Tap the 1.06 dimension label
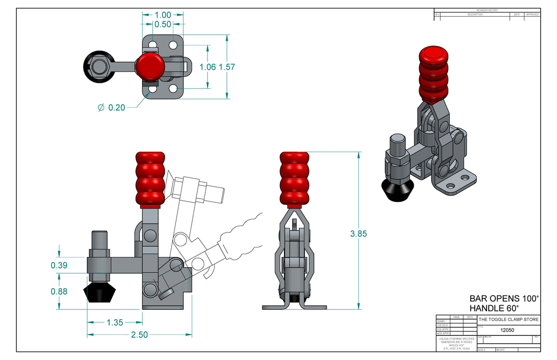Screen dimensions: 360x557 pyautogui.click(x=207, y=67)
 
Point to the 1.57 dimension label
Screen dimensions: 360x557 pyautogui.click(x=227, y=67)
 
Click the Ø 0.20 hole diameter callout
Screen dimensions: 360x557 pyautogui.click(x=111, y=108)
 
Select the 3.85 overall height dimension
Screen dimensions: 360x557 pyautogui.click(x=358, y=234)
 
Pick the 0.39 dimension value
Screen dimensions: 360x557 pyautogui.click(x=59, y=265)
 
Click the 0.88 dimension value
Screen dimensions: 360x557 pyautogui.click(x=59, y=292)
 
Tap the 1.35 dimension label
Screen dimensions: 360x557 pyautogui.click(x=115, y=322)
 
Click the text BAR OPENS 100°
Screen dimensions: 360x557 pyautogui.click(x=504, y=298)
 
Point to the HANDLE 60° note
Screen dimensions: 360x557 pyautogui.click(x=494, y=308)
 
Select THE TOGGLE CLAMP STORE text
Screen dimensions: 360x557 pyautogui.click(x=509, y=320)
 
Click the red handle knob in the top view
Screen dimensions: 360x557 pyautogui.click(x=149, y=65)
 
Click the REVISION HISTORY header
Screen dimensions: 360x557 pyautogui.click(x=487, y=10)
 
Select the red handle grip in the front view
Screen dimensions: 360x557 pyautogui.click(x=294, y=179)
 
